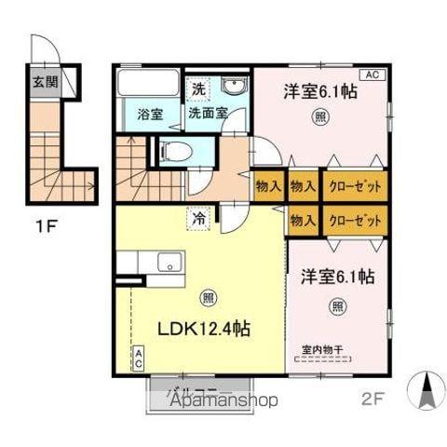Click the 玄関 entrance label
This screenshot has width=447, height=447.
[x=44, y=81]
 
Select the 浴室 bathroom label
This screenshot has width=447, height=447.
[x=150, y=115]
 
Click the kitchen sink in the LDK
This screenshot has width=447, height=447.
[x=169, y=261]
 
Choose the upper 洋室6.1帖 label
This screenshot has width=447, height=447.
[x=320, y=91]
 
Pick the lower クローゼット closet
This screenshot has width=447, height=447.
[x=355, y=221]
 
